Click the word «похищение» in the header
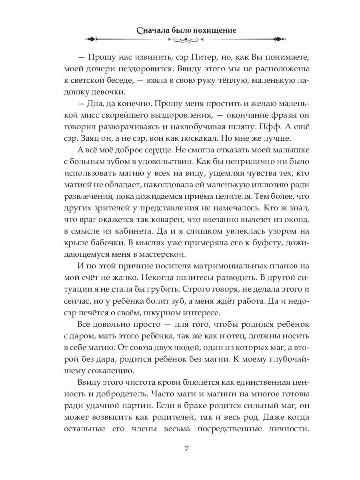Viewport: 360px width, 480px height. point(216,30)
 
